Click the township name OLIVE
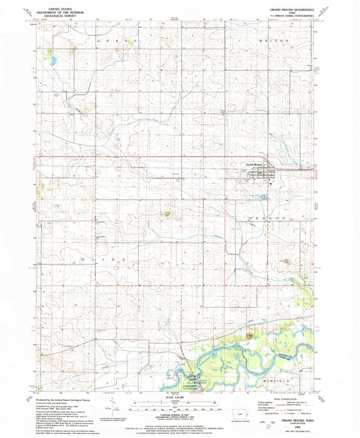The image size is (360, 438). (x=108, y=259)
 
